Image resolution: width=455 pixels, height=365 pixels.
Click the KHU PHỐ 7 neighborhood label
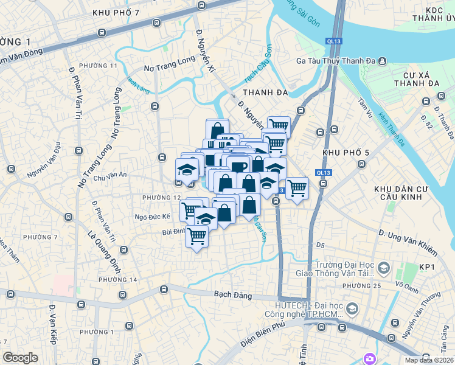(116, 13)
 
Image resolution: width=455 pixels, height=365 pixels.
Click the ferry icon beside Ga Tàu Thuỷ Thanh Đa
(381, 61)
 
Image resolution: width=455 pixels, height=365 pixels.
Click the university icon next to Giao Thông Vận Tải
(384, 268)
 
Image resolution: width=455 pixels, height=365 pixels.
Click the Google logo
(20, 357)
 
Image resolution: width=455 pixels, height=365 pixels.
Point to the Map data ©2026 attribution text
(428, 360)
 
